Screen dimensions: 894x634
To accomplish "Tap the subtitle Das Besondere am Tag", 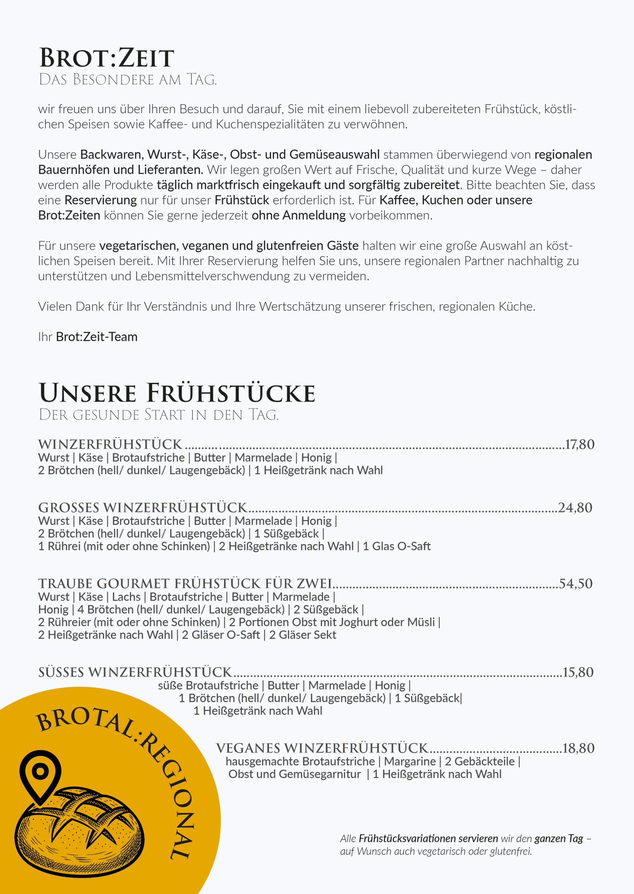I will coord(127,80).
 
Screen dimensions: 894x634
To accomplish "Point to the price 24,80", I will coord(575,508).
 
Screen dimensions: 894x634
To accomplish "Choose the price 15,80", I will coord(578,672).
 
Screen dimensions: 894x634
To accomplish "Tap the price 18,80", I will coord(578,748).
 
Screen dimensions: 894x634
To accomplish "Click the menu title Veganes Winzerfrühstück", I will coord(322,748).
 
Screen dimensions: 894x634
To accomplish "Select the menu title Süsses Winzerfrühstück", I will coord(135,672).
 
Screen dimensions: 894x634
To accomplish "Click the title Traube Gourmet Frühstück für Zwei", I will coord(185,584).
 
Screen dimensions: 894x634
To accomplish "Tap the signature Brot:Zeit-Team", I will coord(97,337).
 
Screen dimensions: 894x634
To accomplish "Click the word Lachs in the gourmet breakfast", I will coord(126,597).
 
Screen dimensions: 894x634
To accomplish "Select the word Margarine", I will coord(409,761).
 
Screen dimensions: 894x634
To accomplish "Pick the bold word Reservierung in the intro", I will coord(101,200).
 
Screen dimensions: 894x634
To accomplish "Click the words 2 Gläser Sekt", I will coord(303,635).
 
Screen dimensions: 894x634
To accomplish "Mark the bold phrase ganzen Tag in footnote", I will coord(559,838).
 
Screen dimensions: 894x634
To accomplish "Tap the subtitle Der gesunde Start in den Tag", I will coord(159,415).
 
